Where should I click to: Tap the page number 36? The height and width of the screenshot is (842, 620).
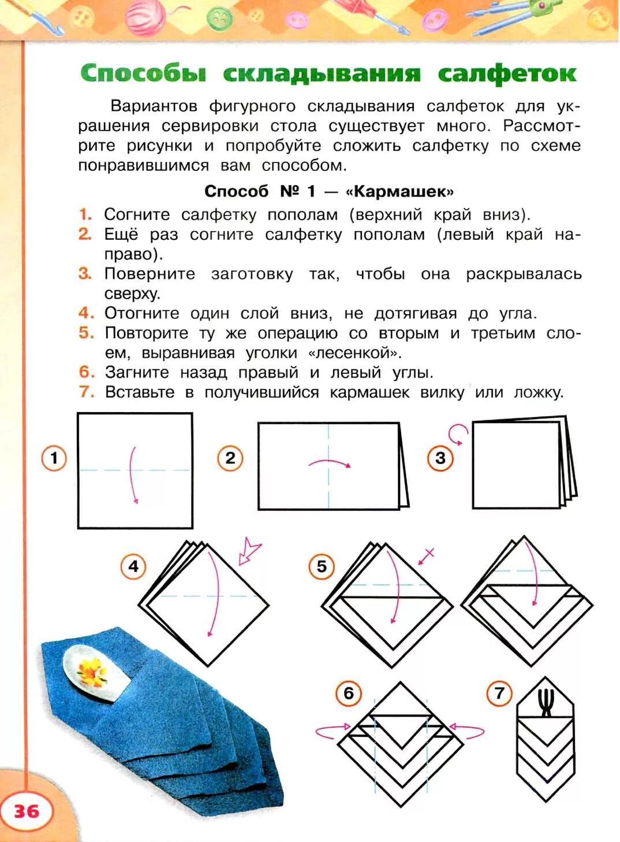pos(27,811)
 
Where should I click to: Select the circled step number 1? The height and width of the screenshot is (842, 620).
pos(54,459)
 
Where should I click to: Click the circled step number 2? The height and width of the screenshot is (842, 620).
pos(230,459)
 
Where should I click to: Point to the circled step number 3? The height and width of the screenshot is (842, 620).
pos(440,459)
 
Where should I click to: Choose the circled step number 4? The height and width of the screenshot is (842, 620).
pos(133,566)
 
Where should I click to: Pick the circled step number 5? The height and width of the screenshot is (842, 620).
pos(322,566)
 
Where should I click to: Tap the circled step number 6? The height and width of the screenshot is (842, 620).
pos(349,693)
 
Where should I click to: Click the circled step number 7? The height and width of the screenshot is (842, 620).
pos(499,693)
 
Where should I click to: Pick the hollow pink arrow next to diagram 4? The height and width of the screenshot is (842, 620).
pos(250,552)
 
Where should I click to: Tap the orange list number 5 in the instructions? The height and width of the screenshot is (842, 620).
pos(86,333)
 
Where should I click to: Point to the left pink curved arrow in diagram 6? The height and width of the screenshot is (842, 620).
pos(333,729)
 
